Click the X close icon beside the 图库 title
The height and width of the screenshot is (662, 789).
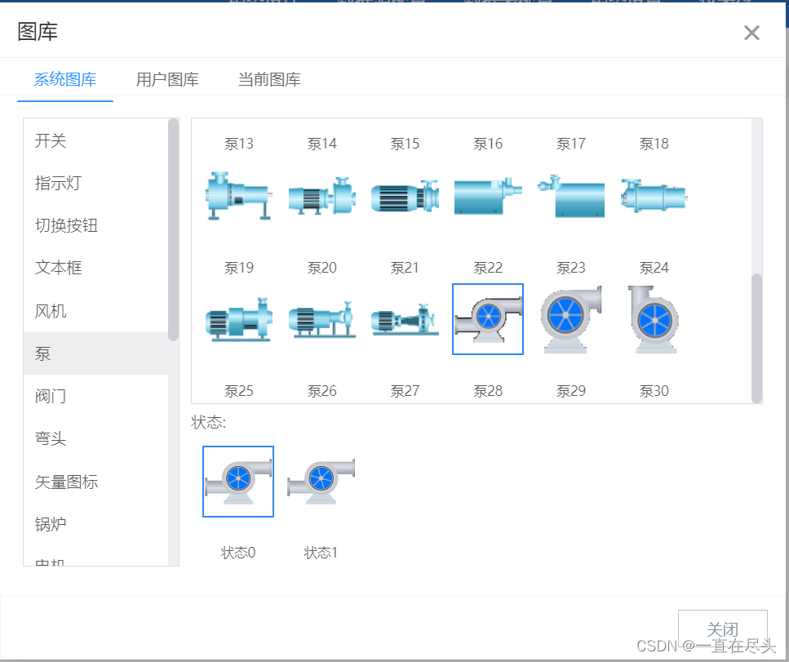(x=751, y=33)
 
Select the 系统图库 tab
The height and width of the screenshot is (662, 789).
(x=65, y=80)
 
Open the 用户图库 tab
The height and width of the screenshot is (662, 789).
(x=167, y=80)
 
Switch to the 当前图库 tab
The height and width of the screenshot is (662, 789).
(x=269, y=80)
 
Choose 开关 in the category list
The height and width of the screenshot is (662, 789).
(x=51, y=141)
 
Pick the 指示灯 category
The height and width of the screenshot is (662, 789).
(x=58, y=183)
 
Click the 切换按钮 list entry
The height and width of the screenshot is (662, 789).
(x=66, y=226)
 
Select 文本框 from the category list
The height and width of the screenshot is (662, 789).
(x=58, y=268)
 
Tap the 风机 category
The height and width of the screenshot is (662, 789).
(x=51, y=311)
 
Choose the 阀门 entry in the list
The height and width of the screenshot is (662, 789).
(x=51, y=397)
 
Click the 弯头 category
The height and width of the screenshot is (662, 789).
(x=51, y=439)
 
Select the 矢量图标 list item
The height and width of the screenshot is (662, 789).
(x=66, y=482)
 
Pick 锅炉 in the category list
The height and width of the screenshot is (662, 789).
(x=51, y=524)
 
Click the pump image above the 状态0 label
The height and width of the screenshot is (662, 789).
(x=238, y=481)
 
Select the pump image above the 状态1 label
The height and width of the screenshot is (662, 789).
(x=321, y=481)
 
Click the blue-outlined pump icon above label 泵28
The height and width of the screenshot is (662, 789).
(x=488, y=319)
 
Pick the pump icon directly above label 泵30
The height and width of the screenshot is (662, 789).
(x=653, y=319)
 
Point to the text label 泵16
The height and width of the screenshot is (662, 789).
(x=488, y=144)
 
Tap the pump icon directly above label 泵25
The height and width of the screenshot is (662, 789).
(x=238, y=319)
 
